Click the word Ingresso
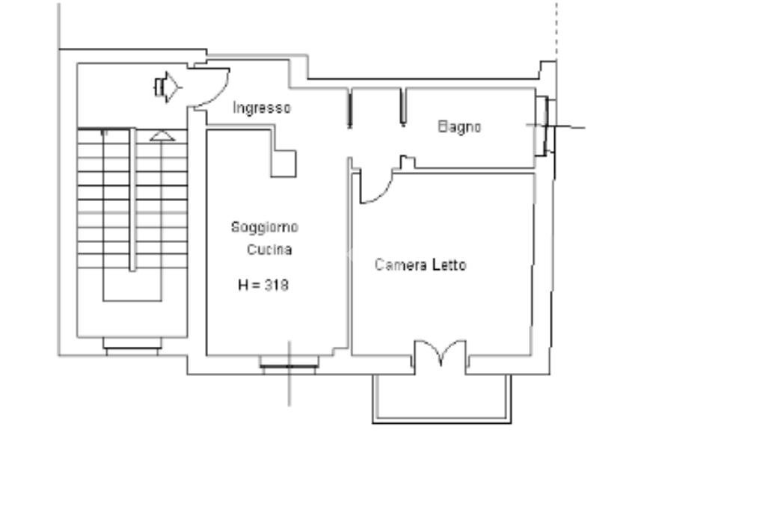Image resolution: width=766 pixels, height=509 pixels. [261, 108]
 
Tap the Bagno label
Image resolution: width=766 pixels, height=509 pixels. [459, 127]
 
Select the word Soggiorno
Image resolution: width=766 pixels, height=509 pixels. [264, 227]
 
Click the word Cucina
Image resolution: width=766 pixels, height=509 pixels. [269, 250]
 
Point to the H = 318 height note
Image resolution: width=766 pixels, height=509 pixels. [263, 285]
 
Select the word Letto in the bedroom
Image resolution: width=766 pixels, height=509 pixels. [450, 265]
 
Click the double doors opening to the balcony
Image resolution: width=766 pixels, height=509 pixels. [441, 352]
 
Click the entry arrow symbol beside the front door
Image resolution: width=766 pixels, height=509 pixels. [168, 87]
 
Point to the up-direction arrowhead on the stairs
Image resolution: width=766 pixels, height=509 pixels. [162, 136]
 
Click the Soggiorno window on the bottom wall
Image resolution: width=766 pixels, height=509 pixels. [289, 365]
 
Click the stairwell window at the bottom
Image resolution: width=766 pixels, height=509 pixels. [132, 346]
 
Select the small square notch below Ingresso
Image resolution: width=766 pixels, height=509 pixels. [284, 164]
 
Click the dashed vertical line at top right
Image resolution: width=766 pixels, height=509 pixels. [557, 29]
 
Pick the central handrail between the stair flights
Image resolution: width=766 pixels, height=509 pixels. [132, 200]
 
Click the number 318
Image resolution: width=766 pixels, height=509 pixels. [277, 285]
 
